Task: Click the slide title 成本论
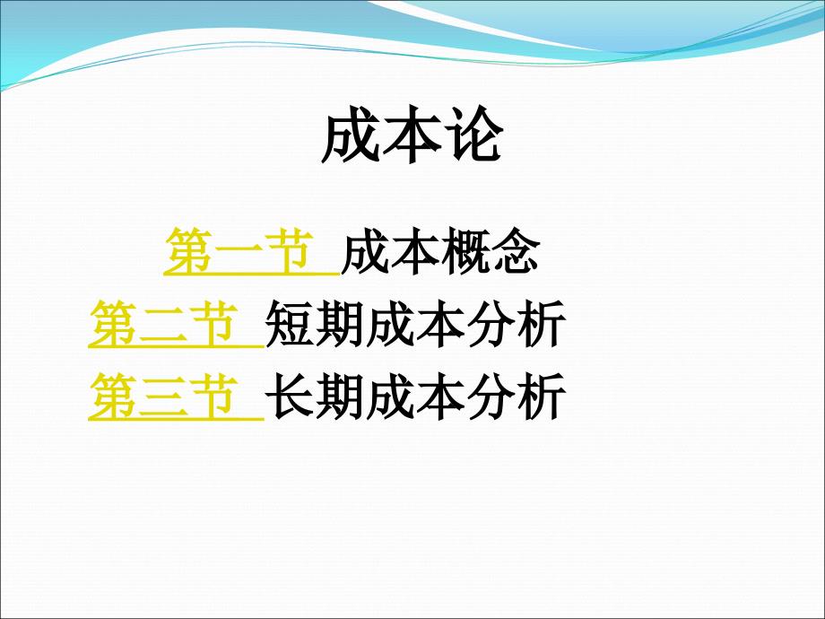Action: (x=412, y=137)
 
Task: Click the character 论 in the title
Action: (x=473, y=137)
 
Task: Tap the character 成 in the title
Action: (x=351, y=137)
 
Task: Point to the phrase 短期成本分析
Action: (x=415, y=324)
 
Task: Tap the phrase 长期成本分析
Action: (x=415, y=397)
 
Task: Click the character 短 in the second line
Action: (x=290, y=324)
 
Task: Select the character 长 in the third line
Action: (x=290, y=397)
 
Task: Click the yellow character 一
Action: (x=239, y=253)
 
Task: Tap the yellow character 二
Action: (x=163, y=326)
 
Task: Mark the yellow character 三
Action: (x=163, y=398)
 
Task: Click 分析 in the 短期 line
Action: (x=516, y=324)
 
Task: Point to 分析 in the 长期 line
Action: (x=516, y=397)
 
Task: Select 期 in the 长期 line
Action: (x=340, y=397)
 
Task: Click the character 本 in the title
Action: (x=412, y=137)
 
